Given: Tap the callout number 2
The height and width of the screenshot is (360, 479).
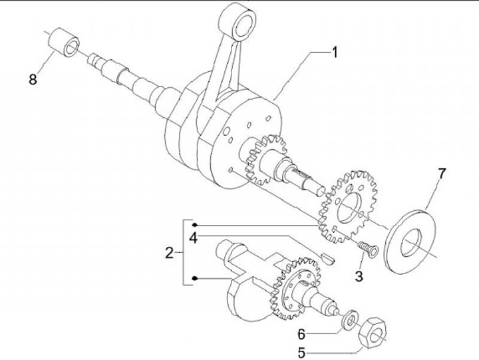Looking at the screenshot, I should (x=170, y=252).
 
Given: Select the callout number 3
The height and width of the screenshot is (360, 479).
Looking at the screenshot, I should (x=359, y=275).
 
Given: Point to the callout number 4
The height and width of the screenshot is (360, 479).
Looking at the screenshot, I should (x=192, y=237).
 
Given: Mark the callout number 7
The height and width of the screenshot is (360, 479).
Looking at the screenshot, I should (x=442, y=174).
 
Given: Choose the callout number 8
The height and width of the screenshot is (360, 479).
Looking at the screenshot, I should (x=33, y=80).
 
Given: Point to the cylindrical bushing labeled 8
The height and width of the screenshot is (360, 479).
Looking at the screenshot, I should (x=64, y=45).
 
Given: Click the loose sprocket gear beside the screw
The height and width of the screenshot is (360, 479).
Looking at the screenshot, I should (x=347, y=206).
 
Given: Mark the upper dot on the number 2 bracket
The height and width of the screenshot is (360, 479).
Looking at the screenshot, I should (x=195, y=224).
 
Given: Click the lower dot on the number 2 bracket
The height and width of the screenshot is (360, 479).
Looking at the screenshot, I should (x=195, y=278).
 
